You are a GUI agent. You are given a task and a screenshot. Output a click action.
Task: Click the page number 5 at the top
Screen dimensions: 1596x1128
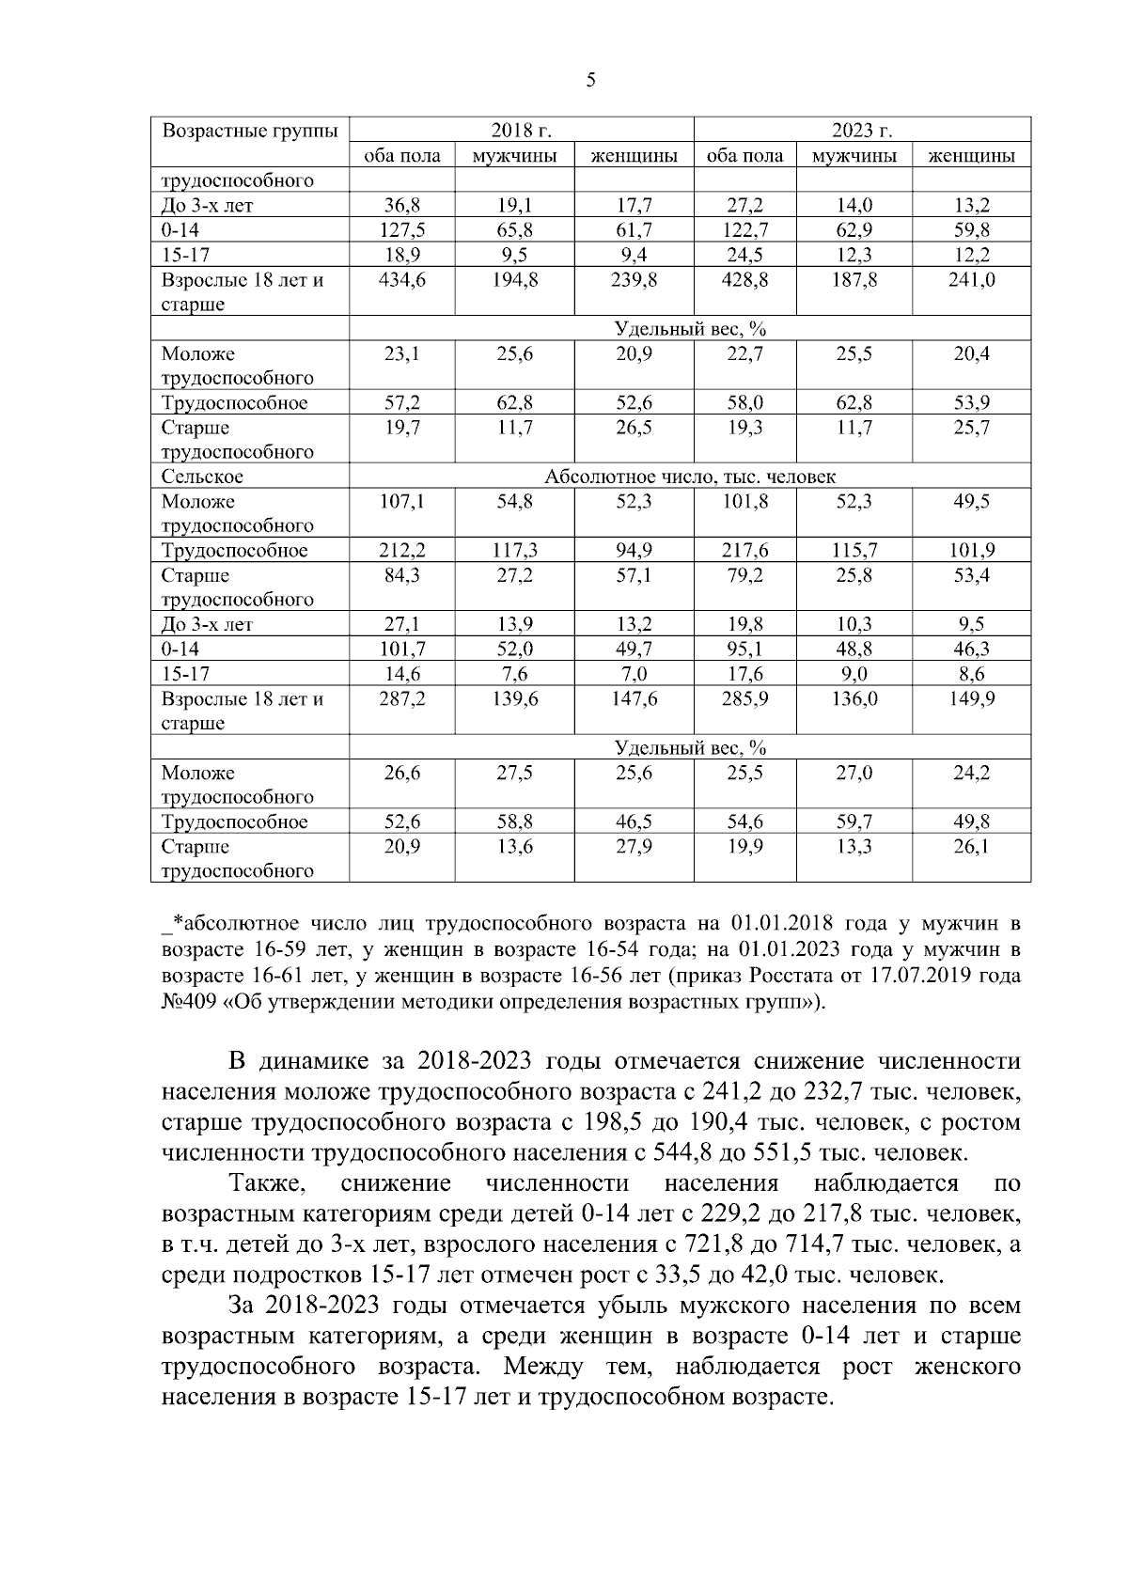[x=590, y=81]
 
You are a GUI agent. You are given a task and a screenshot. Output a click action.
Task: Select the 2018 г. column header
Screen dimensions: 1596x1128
[x=521, y=131]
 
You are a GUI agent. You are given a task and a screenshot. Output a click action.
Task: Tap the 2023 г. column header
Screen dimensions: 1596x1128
[x=861, y=131]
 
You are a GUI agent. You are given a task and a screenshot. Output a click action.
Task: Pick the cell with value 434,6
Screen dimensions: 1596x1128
[x=401, y=280]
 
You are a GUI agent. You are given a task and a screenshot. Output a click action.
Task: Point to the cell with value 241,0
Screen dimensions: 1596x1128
[x=971, y=280]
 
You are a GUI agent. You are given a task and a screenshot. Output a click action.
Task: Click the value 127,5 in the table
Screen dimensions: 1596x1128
[x=401, y=230]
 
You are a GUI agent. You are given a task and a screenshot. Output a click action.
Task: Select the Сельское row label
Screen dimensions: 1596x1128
[x=202, y=477]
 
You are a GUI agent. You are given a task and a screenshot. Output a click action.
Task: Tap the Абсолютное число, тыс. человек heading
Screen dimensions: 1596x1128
[x=690, y=477]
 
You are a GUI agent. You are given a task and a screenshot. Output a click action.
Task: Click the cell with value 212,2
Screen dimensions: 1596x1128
[x=401, y=551]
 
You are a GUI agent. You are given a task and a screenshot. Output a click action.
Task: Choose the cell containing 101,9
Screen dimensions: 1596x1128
[x=971, y=551]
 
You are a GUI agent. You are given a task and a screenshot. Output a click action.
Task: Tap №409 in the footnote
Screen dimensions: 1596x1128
[x=190, y=1002]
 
